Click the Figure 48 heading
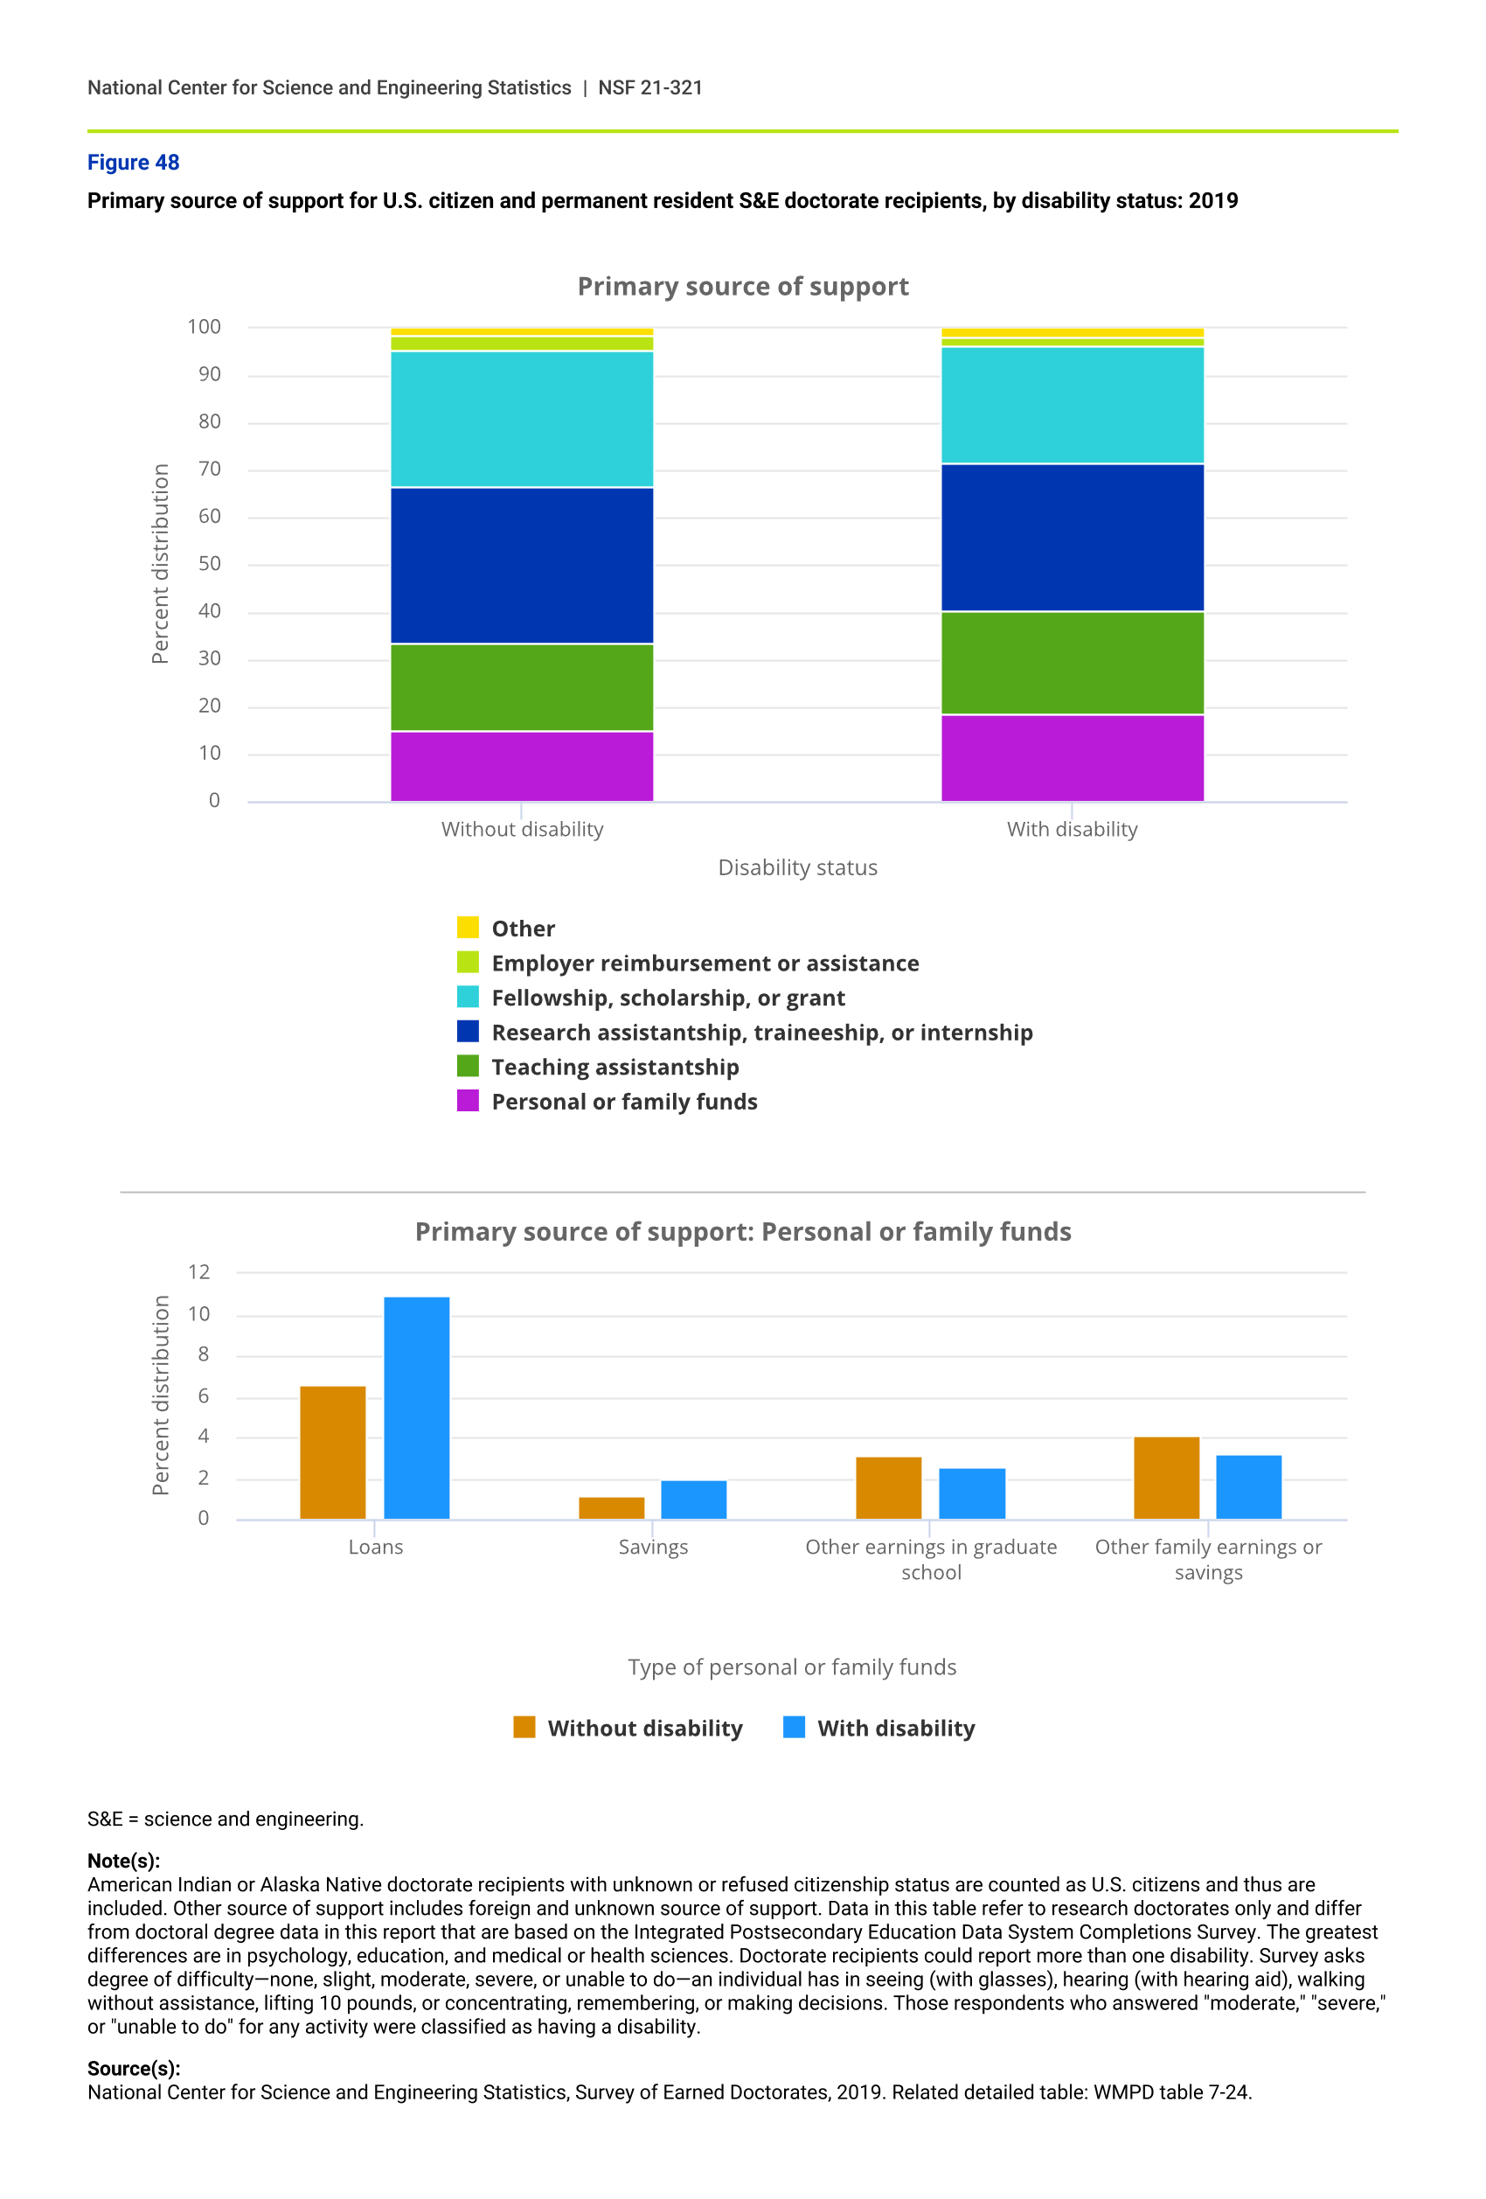(134, 163)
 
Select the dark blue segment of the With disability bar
(1072, 538)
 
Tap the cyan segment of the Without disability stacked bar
(521, 419)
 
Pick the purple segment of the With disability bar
(1072, 758)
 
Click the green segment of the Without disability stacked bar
(521, 687)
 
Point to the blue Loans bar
(416, 1407)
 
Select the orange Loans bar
(333, 1451)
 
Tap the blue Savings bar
(693, 1499)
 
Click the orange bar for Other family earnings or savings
(1166, 1477)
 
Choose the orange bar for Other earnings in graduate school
(888, 1487)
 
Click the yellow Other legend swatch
(469, 928)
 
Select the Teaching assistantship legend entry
(615, 1067)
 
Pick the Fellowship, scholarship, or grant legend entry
(668, 998)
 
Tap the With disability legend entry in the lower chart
(895, 1728)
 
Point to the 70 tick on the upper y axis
(209, 470)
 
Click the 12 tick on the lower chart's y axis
(198, 1271)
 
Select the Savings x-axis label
(653, 1546)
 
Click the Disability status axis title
(797, 867)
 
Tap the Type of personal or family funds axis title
(792, 1667)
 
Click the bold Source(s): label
(134, 2068)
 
